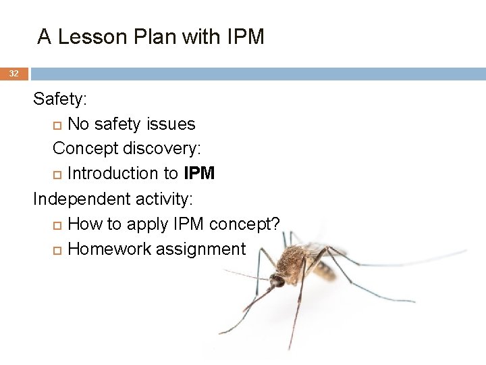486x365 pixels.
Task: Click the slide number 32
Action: click(x=13, y=73)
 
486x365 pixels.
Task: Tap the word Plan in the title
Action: click(x=148, y=36)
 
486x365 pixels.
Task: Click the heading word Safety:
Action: click(x=60, y=99)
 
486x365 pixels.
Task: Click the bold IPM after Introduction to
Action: click(x=199, y=174)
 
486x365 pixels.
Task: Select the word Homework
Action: click(x=109, y=249)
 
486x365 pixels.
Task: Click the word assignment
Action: click(x=200, y=249)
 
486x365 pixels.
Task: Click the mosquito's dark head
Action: click(x=277, y=281)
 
